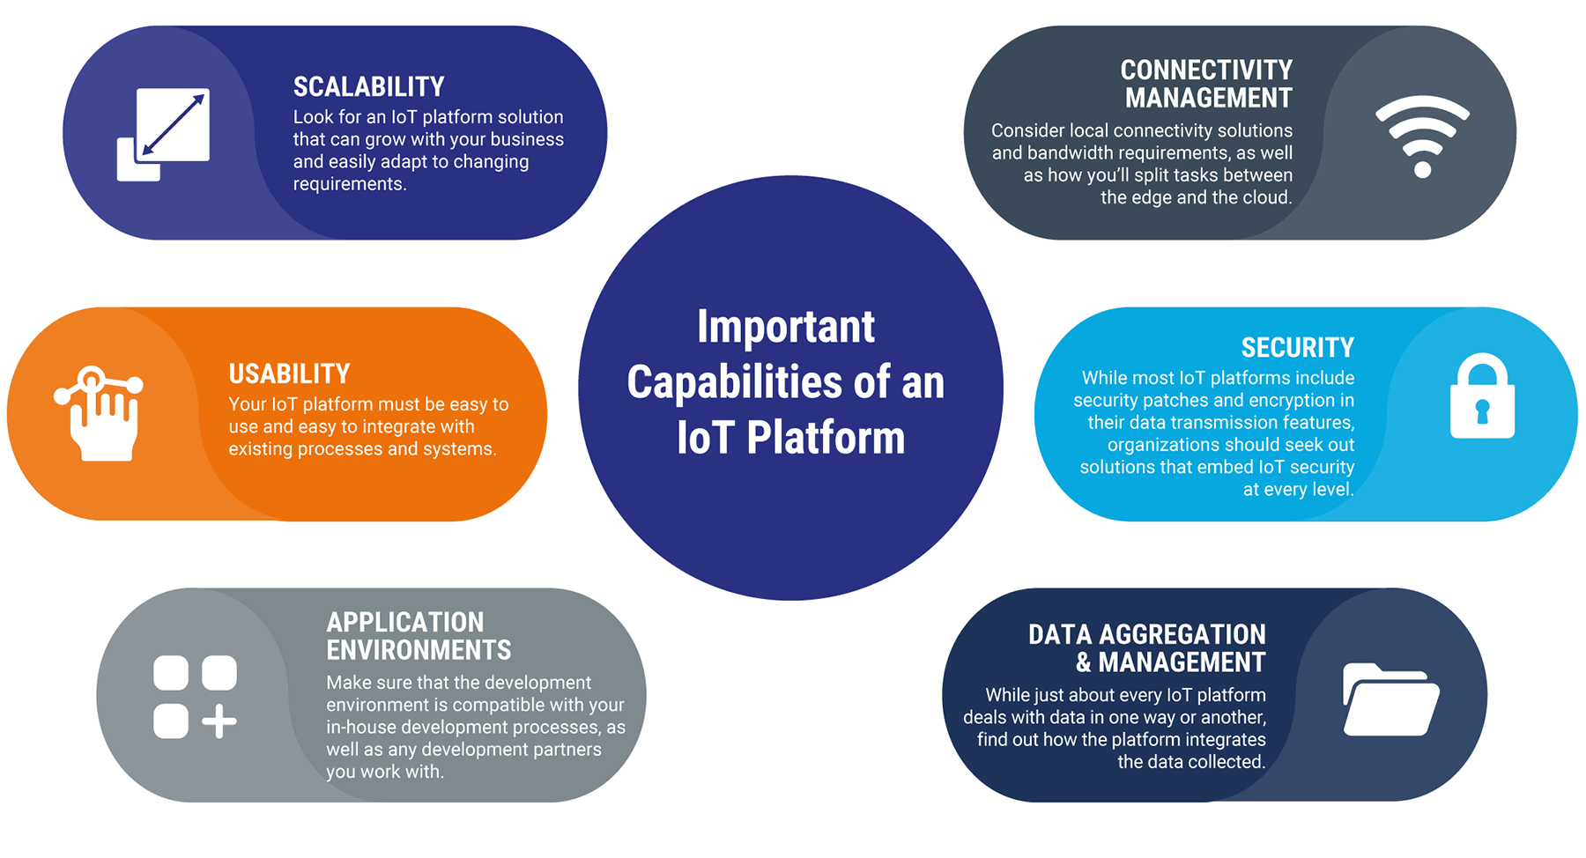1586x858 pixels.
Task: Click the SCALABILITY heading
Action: pos(368,87)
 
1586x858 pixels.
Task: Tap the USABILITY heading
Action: pos(289,374)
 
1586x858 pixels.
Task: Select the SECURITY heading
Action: pos(1297,348)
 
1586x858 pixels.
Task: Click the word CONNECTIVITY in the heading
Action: pos(1205,70)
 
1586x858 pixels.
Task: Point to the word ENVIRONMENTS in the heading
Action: pos(419,650)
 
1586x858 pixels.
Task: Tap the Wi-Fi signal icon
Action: pos(1422,136)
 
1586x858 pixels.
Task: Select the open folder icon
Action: pos(1390,699)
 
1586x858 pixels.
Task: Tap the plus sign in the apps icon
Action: pos(219,721)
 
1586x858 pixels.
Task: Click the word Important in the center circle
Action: pos(786,327)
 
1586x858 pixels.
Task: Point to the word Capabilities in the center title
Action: pos(735,382)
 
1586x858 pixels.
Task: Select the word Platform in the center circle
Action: pos(826,438)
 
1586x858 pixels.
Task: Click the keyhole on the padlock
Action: pos(1482,411)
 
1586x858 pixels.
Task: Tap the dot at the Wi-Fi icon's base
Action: pos(1422,169)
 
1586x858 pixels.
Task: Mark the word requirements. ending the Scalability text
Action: pos(350,184)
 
